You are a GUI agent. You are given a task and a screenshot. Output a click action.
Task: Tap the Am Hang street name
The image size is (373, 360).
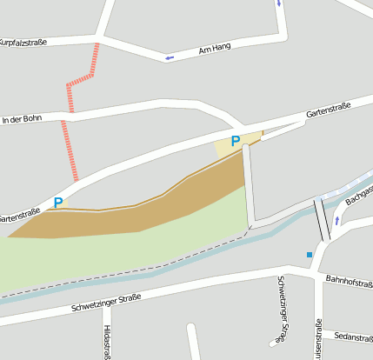(x=215, y=47)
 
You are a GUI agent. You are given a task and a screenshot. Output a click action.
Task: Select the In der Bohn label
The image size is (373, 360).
(x=22, y=118)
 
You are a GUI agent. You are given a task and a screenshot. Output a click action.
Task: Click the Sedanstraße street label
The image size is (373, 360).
(x=353, y=337)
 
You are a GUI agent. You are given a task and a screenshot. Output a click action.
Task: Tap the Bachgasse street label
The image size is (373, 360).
(x=359, y=195)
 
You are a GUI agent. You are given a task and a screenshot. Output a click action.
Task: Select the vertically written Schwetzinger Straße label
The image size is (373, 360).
(x=281, y=309)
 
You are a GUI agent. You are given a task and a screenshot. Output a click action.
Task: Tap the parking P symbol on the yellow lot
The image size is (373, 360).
(x=235, y=141)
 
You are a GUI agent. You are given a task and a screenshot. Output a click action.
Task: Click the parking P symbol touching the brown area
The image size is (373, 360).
(x=58, y=203)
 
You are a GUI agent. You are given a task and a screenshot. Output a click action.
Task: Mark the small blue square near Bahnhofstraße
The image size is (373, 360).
(x=309, y=255)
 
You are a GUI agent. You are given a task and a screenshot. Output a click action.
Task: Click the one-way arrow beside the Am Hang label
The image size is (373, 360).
(x=170, y=58)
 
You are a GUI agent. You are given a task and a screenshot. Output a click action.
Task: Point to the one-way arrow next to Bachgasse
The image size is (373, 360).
(x=337, y=221)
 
